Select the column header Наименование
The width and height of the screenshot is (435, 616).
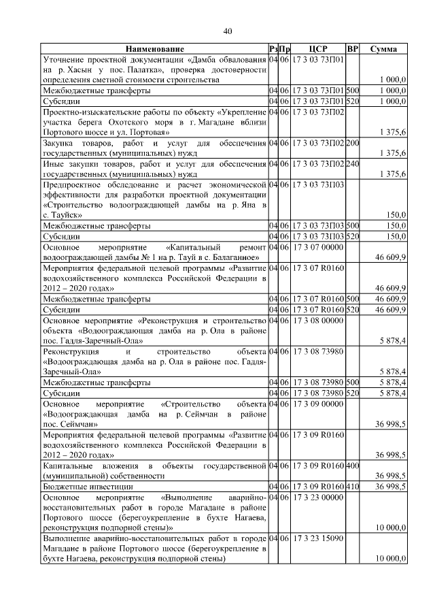coord(154,50)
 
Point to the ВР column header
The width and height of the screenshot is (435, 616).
coord(352,50)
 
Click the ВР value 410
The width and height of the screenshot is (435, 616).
coord(352,487)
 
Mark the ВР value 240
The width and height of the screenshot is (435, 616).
coord(352,163)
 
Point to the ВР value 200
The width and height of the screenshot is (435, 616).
coord(352,143)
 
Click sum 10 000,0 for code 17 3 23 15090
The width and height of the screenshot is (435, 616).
coord(391,559)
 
